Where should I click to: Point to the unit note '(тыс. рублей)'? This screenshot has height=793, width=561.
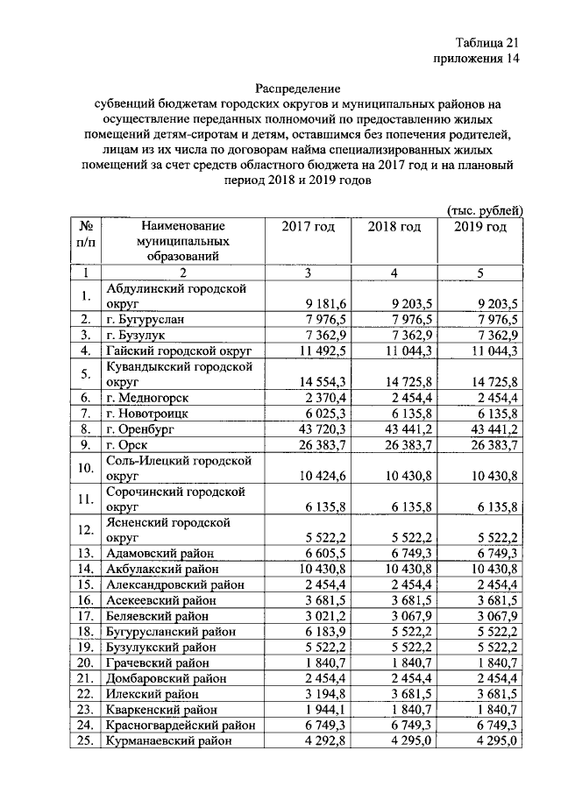(485, 209)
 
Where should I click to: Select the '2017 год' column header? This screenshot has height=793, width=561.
(308, 227)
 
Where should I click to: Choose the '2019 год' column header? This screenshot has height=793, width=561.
(480, 227)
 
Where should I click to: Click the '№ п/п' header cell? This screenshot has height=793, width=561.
(86, 235)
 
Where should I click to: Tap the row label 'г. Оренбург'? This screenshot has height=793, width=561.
(140, 429)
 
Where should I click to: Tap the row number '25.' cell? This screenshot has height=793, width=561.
(86, 740)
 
